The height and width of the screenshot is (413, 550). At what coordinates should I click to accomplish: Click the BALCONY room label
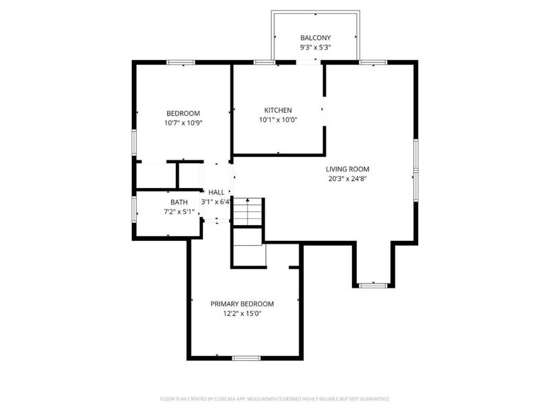pyautogui.click(x=316, y=38)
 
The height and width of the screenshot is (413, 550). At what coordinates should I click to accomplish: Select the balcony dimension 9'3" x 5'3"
pyautogui.click(x=316, y=48)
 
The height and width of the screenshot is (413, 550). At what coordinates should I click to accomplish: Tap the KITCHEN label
pyautogui.click(x=278, y=110)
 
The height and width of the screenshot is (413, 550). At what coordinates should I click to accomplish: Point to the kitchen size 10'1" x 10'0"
pyautogui.click(x=278, y=120)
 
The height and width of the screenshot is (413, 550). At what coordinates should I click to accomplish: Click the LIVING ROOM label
pyautogui.click(x=348, y=169)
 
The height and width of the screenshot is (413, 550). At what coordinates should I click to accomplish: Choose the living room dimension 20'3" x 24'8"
pyautogui.click(x=348, y=178)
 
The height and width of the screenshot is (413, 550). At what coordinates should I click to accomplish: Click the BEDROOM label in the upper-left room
pyautogui.click(x=183, y=114)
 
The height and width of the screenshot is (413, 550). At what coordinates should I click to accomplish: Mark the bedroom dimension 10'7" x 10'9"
pyautogui.click(x=183, y=123)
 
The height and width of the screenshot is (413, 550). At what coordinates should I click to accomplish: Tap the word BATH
pyautogui.click(x=179, y=202)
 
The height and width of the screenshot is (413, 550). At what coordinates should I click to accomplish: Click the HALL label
pyautogui.click(x=216, y=193)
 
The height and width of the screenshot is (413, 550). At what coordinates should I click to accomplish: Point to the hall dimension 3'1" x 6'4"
pyautogui.click(x=215, y=202)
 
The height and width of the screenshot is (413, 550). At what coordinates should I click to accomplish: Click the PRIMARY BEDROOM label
pyautogui.click(x=242, y=304)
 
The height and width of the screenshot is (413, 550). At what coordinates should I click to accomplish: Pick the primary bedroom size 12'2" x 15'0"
pyautogui.click(x=242, y=314)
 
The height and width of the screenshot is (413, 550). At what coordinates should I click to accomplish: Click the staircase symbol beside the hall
pyautogui.click(x=248, y=211)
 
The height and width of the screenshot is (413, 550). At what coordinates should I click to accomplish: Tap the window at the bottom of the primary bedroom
pyautogui.click(x=246, y=358)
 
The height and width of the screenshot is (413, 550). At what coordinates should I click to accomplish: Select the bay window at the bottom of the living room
pyautogui.click(x=374, y=284)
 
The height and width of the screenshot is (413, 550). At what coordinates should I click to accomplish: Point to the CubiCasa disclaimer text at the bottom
pyautogui.click(x=275, y=399)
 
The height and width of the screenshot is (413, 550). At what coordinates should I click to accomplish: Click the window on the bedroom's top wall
pyautogui.click(x=181, y=63)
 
